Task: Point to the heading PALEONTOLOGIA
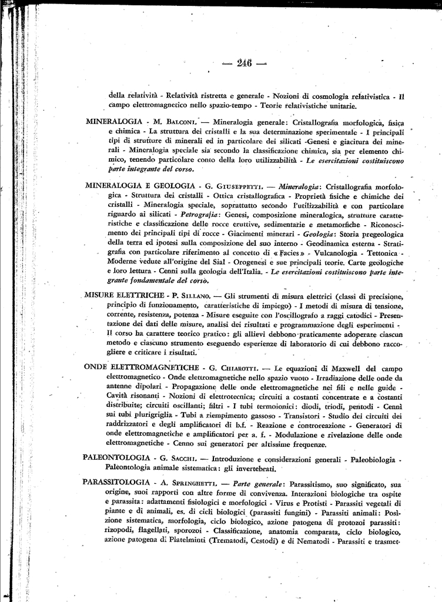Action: (112, 458)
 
